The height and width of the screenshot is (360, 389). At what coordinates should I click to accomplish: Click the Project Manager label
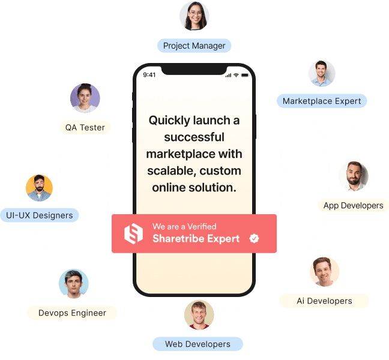point(194,46)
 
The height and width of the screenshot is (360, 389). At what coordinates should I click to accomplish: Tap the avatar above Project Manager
point(194,16)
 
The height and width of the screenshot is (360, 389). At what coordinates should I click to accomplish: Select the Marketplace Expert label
point(322,101)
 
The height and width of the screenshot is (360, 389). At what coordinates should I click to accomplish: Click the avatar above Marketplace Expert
point(322,73)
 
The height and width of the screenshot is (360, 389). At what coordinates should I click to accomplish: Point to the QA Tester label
point(85,127)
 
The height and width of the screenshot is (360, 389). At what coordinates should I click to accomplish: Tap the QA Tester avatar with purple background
point(85,98)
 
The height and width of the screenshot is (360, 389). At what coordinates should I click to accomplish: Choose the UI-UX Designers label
point(40,215)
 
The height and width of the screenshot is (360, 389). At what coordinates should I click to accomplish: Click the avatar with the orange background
point(39,188)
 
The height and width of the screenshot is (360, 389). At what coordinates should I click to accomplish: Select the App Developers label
point(353,205)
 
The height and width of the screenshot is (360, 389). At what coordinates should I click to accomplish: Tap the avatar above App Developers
point(354,176)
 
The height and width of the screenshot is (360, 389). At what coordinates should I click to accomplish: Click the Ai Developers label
point(324,301)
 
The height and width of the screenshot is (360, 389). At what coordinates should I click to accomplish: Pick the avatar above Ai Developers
point(324,272)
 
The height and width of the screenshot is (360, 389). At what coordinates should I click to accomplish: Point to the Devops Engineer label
point(72,313)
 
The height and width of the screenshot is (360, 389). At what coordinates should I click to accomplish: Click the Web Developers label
point(198,344)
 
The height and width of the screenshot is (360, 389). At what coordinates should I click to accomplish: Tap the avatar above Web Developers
point(199,315)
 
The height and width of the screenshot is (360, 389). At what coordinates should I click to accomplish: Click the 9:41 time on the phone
point(149,75)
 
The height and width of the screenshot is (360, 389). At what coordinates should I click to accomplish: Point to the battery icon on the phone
point(245,75)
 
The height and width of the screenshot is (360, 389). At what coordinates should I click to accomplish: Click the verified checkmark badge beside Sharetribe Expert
point(254,238)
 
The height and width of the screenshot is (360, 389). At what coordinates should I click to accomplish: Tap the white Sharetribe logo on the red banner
point(133,233)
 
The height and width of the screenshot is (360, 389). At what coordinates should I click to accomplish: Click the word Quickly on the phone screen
point(169,121)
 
